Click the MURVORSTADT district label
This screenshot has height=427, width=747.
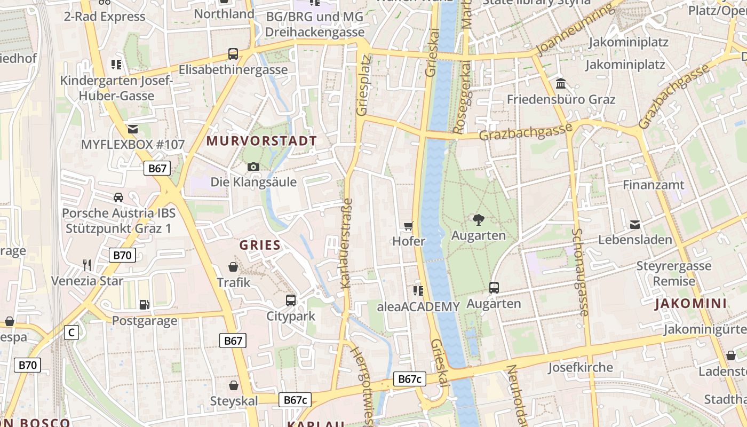[261, 141]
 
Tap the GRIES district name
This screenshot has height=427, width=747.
[260, 246]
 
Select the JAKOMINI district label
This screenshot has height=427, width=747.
[691, 304]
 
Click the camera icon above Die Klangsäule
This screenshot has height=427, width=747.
[253, 167]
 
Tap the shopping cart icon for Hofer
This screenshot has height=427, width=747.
[409, 226]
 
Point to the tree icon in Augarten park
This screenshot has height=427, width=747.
[479, 219]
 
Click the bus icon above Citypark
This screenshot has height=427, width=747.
[291, 301]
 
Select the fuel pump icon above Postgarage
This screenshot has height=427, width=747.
[144, 305]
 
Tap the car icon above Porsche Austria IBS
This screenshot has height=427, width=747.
[118, 197]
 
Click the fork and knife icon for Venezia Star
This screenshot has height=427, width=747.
[87, 265]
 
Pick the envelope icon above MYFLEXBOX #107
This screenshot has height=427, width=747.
[132, 129]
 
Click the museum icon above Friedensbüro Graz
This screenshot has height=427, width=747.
[561, 84]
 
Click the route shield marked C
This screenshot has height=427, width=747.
[71, 333]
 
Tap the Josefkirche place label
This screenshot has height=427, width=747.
[581, 368]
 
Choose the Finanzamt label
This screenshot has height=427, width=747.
[654, 185]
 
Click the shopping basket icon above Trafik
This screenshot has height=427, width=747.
[233, 267]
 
